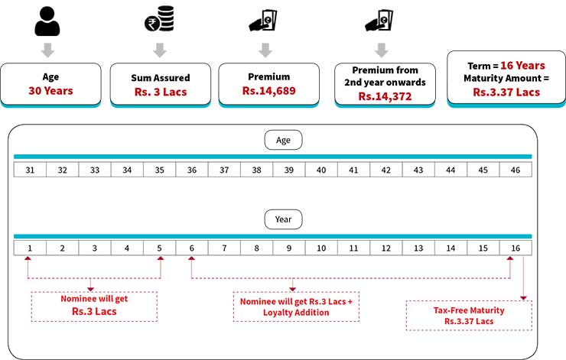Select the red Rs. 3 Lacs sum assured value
(159, 92)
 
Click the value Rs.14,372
(385, 97)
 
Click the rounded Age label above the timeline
(283, 140)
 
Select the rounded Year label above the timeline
(283, 220)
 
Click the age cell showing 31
(30, 169)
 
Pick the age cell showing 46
(516, 169)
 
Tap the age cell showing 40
(321, 169)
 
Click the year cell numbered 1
(30, 248)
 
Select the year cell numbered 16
(516, 248)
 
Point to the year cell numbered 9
(289, 248)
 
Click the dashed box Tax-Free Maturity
(469, 315)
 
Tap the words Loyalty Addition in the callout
(294, 312)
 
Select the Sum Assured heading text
(159, 77)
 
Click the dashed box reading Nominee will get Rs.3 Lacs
(94, 305)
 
